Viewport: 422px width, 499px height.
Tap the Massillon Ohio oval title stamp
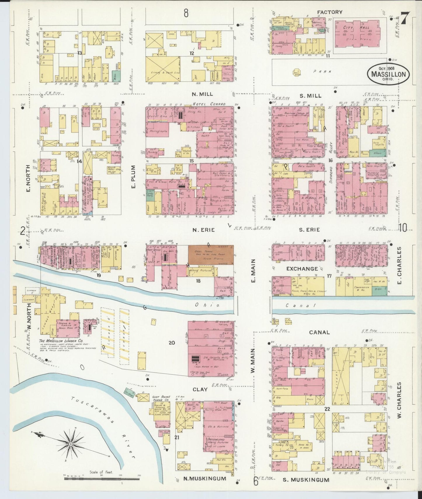coord(388,74)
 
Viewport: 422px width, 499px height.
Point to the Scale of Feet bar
coord(102,479)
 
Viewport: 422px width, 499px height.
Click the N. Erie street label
coord(203,230)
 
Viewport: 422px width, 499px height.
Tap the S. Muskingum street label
coord(306,479)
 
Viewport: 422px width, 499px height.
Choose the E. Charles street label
coord(399,266)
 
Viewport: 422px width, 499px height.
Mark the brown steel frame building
coord(210,254)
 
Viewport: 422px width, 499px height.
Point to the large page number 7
coord(405,18)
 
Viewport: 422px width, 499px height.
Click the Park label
coord(322,71)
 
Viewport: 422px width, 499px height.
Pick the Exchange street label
coord(302,268)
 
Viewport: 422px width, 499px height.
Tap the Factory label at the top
coord(329,12)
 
